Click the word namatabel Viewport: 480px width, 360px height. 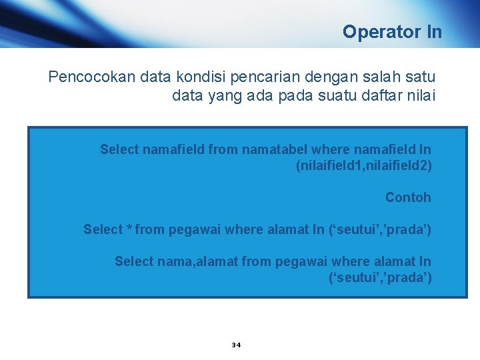pos(265,149)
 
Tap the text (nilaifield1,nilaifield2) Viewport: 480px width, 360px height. pos(363,165)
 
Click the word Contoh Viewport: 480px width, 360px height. pos(408,197)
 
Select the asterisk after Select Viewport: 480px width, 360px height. pos(128,230)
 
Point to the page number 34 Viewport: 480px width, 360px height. pos(236,345)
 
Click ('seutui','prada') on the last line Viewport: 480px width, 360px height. pos(380,277)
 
